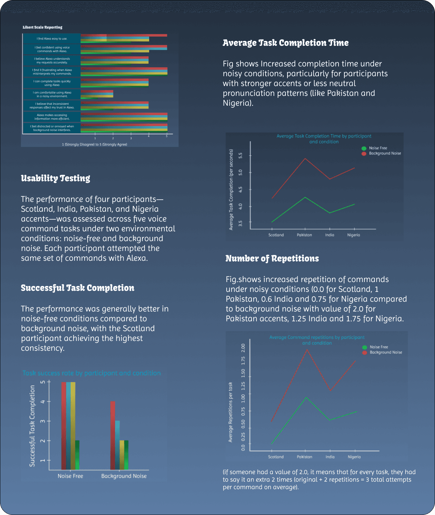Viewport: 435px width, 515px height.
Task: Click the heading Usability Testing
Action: (56, 178)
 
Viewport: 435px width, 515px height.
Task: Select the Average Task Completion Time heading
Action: (286, 43)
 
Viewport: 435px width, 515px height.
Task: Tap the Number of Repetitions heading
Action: (272, 258)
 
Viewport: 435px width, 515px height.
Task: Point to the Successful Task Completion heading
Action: (78, 288)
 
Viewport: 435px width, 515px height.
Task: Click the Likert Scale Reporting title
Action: (43, 27)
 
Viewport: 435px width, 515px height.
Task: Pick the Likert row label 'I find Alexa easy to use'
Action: (52, 39)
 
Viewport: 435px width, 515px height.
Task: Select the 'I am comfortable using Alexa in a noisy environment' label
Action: (52, 94)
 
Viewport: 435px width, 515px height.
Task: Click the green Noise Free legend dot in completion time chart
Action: (364, 148)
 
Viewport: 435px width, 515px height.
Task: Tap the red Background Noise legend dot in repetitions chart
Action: (365, 353)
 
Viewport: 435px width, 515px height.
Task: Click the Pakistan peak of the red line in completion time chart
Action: (305, 159)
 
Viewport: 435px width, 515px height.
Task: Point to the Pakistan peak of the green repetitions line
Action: (306, 398)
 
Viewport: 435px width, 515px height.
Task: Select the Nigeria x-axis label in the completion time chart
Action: (354, 235)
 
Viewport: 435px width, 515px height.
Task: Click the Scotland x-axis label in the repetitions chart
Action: (276, 457)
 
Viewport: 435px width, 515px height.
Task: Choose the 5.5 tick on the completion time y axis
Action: (241, 155)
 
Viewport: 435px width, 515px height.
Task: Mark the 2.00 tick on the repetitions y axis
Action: (243, 348)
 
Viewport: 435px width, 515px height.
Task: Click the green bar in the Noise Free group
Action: (77, 455)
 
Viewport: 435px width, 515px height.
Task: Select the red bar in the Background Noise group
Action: (113, 435)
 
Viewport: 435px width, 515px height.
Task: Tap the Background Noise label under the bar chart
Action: (124, 476)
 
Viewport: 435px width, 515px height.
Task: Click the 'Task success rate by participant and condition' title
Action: (92, 373)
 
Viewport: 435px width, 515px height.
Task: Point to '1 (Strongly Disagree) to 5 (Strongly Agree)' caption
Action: (95, 144)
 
